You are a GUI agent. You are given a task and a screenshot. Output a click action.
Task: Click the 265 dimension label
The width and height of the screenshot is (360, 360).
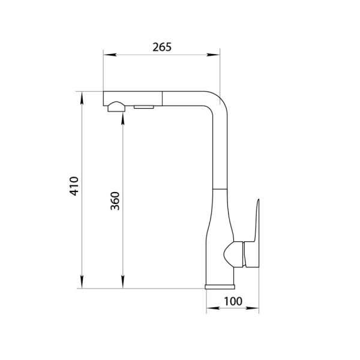[x=162, y=47]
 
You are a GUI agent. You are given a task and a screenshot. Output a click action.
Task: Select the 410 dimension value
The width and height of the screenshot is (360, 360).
[x=74, y=186]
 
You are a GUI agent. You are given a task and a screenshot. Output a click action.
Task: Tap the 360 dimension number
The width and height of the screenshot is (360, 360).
[x=115, y=201]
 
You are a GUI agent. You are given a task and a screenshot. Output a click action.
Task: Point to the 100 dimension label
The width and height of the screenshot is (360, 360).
[x=233, y=301]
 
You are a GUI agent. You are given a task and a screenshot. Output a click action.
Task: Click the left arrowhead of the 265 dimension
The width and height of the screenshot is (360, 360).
[x=110, y=55]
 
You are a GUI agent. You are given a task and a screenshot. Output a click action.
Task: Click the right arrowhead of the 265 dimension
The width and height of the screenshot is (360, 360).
[x=214, y=55]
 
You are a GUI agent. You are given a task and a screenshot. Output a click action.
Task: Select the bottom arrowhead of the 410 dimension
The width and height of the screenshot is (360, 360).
[x=82, y=282]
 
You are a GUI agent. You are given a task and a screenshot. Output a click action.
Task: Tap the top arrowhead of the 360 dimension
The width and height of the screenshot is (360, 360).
[x=123, y=119]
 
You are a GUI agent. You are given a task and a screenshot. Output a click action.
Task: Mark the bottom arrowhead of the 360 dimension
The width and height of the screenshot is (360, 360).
[x=123, y=282]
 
